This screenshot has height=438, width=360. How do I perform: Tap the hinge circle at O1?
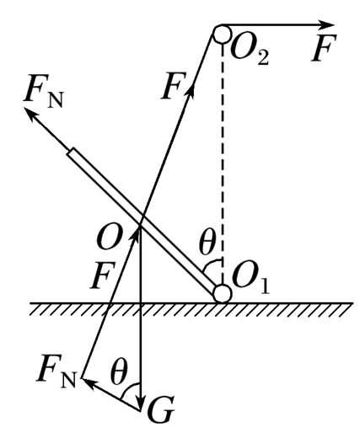pyautogui.click(x=223, y=293)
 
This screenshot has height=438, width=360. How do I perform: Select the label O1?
pyautogui.click(x=251, y=280)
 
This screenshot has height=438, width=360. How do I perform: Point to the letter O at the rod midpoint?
pyautogui.click(x=110, y=238)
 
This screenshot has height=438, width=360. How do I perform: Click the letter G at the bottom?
pyautogui.click(x=161, y=409)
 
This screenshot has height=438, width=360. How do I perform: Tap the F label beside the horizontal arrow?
pyautogui.click(x=324, y=48)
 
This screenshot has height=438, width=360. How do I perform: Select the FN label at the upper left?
pyautogui.click(x=44, y=90)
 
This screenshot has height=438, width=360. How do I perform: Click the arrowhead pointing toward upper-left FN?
pyautogui.click(x=30, y=114)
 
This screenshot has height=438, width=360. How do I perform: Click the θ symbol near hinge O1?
pyautogui.click(x=207, y=243)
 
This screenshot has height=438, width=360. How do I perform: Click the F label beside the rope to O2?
pyautogui.click(x=174, y=86)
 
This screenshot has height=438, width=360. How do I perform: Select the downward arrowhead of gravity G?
pyautogui.click(x=140, y=401)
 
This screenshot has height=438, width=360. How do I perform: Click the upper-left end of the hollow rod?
pyautogui.click(x=71, y=151)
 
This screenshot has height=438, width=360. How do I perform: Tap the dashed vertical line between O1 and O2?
pyautogui.click(x=223, y=163)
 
